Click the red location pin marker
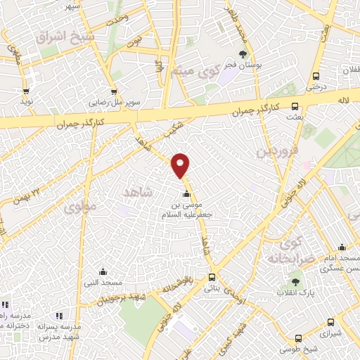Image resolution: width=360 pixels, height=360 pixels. coord(181,166)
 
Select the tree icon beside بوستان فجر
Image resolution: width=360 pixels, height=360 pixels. coord(243,54)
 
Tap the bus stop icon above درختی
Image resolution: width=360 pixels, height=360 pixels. coord(316,77)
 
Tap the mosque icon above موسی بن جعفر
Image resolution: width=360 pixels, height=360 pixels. coord(186,195)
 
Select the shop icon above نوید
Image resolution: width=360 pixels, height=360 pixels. coord(27,90)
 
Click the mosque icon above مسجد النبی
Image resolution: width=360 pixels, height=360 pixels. coord(103,271)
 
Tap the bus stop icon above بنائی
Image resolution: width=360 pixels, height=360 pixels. coord(212,277)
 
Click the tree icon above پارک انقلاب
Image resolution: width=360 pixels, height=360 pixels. coord(295,281)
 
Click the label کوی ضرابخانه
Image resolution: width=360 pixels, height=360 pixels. coord(285,252)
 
